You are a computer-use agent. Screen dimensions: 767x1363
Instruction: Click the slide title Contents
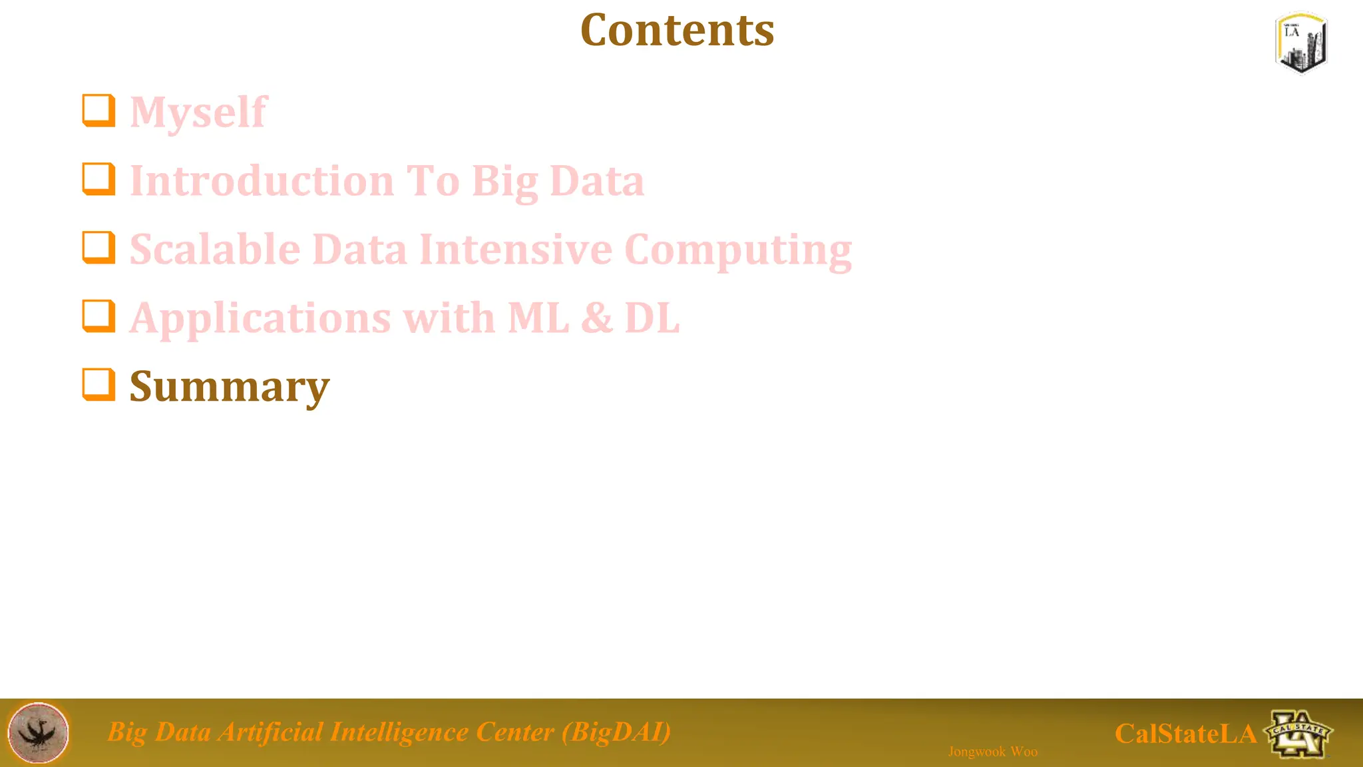(x=677, y=30)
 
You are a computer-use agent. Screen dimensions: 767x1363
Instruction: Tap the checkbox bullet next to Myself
(x=98, y=110)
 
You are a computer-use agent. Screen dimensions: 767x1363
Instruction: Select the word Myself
(x=198, y=112)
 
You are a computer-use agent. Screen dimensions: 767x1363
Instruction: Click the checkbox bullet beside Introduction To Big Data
(x=98, y=179)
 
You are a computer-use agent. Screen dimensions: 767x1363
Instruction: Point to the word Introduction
(x=262, y=181)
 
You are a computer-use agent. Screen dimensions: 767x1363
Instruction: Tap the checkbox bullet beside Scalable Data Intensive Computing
(x=98, y=248)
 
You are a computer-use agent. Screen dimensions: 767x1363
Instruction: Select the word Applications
(x=260, y=319)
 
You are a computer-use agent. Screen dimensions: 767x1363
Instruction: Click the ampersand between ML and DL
(x=597, y=318)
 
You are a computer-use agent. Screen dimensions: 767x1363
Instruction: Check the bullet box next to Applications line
(x=98, y=316)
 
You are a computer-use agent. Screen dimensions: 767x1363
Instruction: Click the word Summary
(x=229, y=387)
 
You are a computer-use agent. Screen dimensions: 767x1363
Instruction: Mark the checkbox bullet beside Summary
(x=98, y=385)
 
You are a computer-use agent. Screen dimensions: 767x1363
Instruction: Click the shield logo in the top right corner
(x=1301, y=42)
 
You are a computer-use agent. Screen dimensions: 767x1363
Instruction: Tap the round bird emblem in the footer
(x=38, y=732)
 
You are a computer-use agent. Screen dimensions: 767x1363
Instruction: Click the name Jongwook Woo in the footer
(x=992, y=752)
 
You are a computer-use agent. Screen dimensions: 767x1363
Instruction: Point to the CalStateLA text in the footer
(x=1185, y=734)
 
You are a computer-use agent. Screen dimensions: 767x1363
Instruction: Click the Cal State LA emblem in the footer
(x=1298, y=734)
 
